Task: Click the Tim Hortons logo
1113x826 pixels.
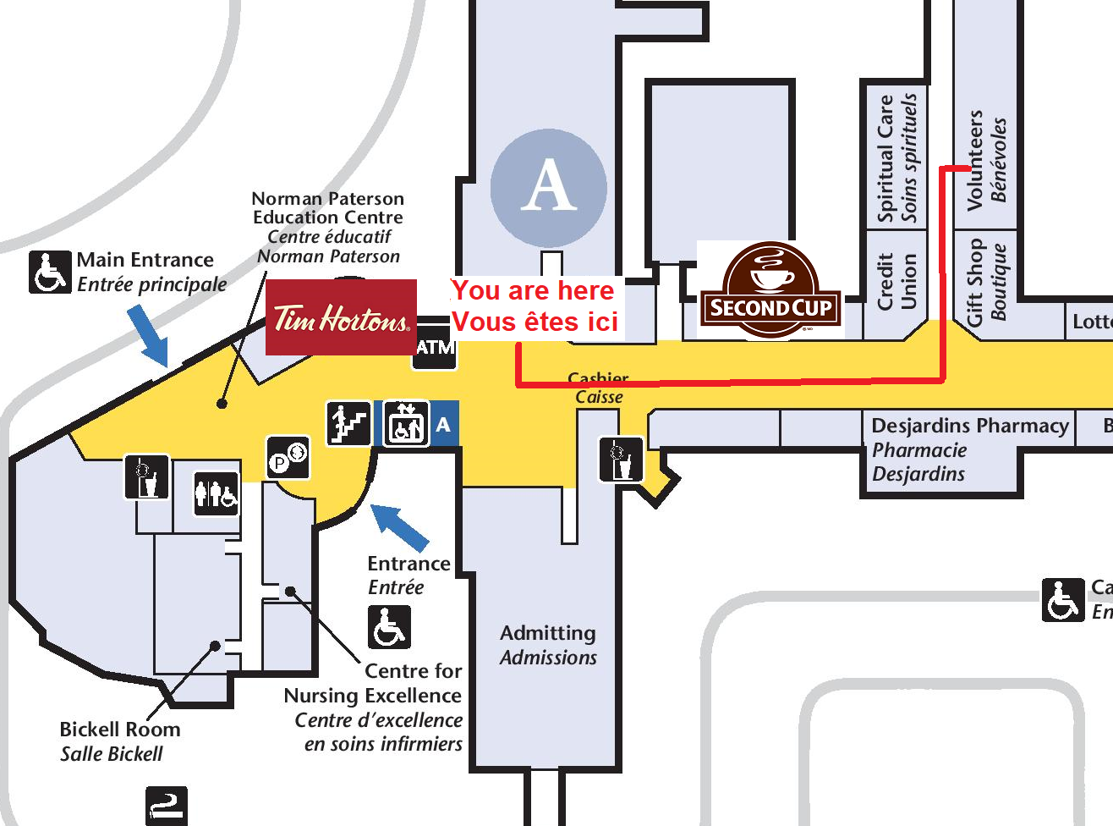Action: (x=341, y=317)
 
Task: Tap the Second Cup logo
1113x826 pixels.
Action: (x=770, y=290)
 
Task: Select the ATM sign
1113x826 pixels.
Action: (x=435, y=346)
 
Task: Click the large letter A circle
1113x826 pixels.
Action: (x=548, y=187)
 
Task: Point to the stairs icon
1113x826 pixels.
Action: (x=348, y=423)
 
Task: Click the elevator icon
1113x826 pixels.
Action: (x=406, y=423)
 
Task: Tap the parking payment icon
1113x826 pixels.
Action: (x=288, y=458)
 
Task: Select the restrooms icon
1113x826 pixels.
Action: (x=217, y=493)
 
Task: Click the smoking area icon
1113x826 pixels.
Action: (x=166, y=805)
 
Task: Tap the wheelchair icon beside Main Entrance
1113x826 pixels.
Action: (x=50, y=273)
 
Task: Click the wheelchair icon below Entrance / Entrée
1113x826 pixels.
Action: (x=389, y=627)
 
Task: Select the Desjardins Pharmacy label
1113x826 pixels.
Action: (x=969, y=426)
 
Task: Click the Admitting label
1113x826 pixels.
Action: (x=547, y=633)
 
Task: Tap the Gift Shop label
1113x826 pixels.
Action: (x=975, y=282)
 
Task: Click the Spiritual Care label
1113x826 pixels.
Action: (x=885, y=158)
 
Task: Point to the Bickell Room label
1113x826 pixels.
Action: (x=119, y=730)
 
